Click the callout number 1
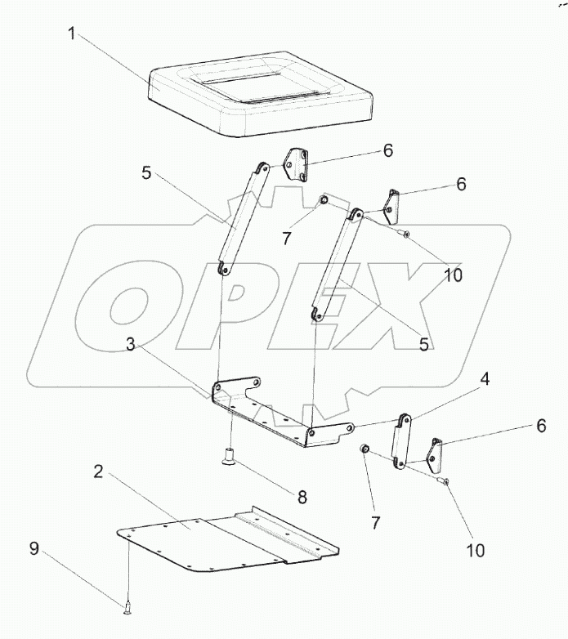[72, 34]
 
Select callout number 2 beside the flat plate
[98, 472]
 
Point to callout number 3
[130, 345]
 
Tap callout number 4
[485, 379]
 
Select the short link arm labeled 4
[402, 441]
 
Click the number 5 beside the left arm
[146, 172]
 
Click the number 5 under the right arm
[424, 345]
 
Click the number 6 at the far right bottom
[541, 426]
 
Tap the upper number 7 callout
[286, 239]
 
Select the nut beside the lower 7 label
[364, 449]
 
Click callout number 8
[302, 497]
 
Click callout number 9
[34, 548]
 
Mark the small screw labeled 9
[128, 606]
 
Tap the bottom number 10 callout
[475, 551]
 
